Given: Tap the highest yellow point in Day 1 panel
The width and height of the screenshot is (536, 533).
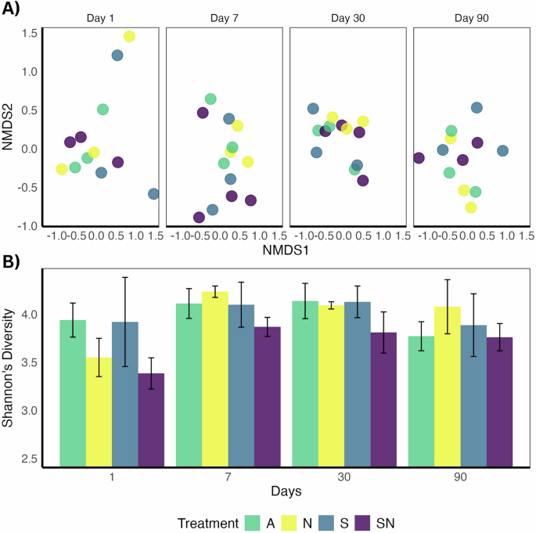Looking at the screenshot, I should (x=129, y=37).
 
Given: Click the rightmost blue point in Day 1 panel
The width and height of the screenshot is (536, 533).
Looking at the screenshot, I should (x=153, y=194).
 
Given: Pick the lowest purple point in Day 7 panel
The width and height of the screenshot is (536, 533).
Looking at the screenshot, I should (x=199, y=218).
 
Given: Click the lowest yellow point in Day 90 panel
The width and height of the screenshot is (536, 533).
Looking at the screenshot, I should (x=471, y=207).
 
